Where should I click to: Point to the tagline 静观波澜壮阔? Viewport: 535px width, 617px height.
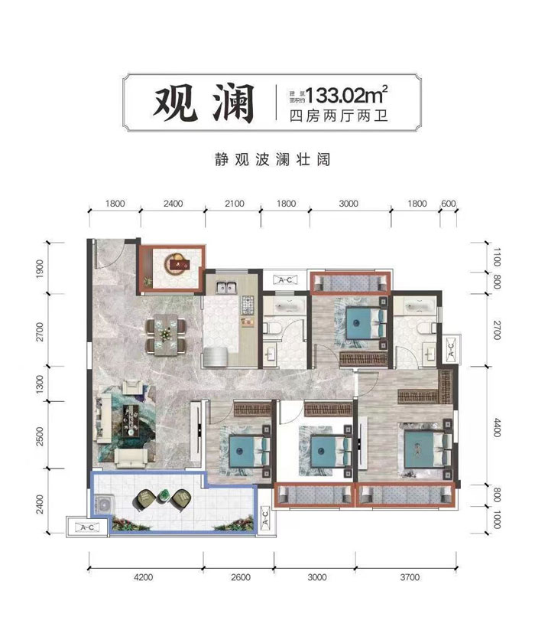[x=267, y=162]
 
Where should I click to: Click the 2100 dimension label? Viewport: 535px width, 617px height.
[x=233, y=204]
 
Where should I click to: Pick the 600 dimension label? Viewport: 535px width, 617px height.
[x=449, y=204]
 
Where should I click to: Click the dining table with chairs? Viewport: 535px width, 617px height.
[x=165, y=335]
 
